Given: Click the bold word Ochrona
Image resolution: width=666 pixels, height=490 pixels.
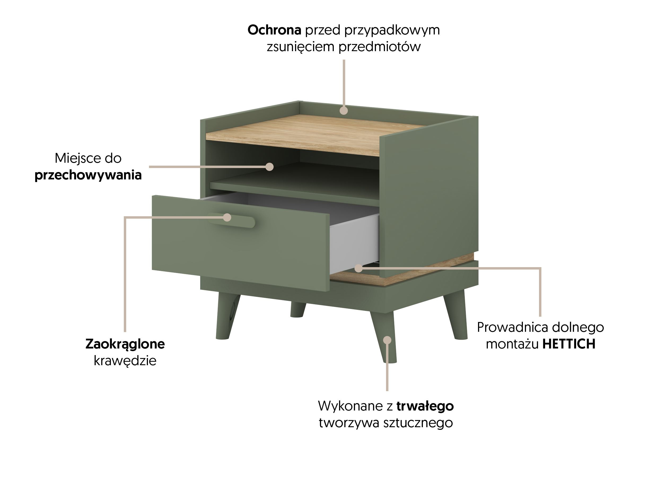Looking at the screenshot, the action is coord(274,30).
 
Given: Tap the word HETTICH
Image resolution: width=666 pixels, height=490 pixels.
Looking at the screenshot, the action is coord(569,344).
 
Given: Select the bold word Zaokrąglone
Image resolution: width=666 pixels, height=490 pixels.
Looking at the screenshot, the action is coord(125,344).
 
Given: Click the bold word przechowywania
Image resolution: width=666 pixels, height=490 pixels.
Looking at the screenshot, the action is coord(88,175).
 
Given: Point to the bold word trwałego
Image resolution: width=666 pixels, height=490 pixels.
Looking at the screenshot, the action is coord(425,406).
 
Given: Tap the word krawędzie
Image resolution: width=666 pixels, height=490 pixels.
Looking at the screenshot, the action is coord(125,361).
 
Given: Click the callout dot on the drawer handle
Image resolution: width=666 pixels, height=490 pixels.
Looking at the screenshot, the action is coord(227,217).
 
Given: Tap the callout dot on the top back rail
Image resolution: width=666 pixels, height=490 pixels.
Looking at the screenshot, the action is coord(344,111).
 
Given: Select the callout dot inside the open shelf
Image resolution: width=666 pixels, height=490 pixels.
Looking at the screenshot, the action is coord(269,167).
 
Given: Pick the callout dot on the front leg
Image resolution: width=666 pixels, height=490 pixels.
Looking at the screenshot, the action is coord(387,340).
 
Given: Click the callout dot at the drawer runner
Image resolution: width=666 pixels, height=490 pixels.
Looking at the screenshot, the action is coord(358,268).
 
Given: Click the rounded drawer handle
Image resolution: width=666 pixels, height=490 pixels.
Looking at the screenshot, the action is coord(231,220).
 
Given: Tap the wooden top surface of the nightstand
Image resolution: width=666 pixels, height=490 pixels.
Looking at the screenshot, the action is coord(314,135).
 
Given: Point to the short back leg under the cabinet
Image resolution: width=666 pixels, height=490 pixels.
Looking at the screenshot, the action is coord(298,310).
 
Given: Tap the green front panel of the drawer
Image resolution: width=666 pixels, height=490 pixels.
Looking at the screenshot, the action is coord(240,243).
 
